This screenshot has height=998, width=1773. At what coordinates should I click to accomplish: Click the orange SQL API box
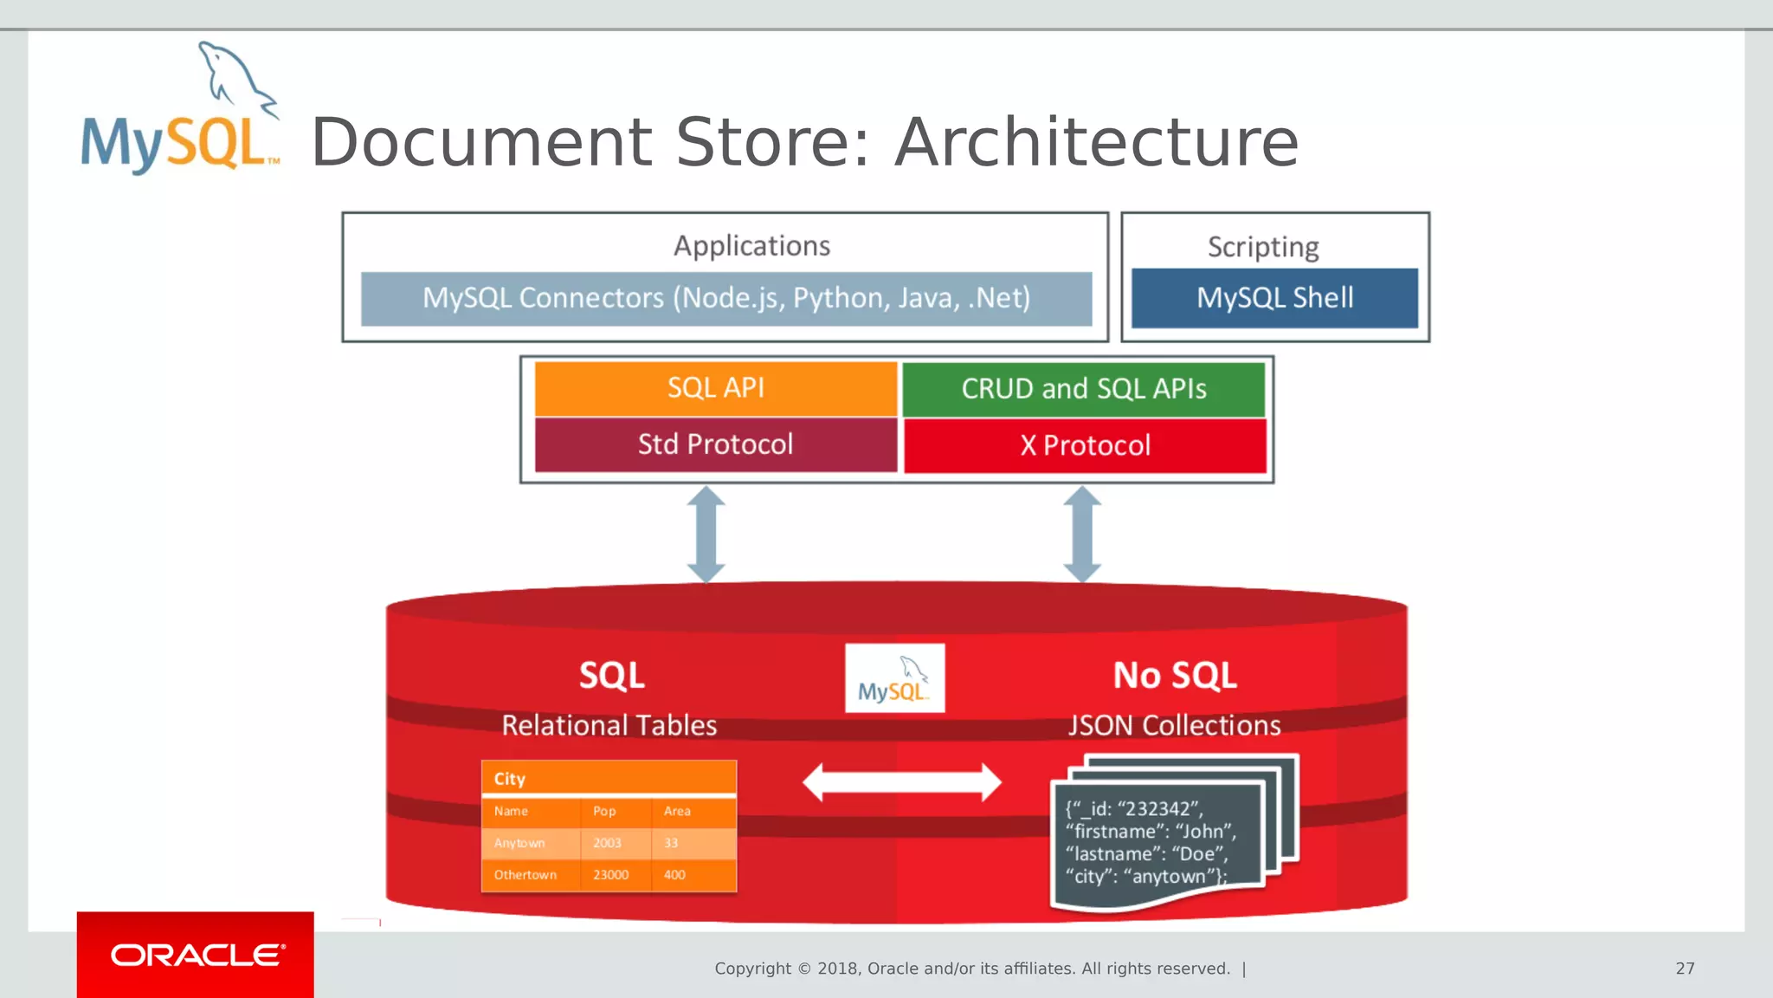point(715,388)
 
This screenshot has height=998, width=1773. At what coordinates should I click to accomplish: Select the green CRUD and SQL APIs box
point(1083,389)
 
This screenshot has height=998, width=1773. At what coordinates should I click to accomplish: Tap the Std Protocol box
point(715,444)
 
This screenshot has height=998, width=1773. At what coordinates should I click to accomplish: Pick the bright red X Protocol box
point(1085,445)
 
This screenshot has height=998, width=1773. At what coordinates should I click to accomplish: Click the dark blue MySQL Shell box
point(1274,298)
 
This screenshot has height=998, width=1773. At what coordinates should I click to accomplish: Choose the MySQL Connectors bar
point(725,298)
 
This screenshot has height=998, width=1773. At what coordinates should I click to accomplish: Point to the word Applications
point(751,246)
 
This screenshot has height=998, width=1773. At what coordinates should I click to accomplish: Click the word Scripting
point(1263,247)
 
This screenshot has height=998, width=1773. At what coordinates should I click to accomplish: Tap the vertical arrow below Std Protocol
point(706,534)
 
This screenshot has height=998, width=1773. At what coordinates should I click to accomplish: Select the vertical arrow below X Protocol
point(1082,534)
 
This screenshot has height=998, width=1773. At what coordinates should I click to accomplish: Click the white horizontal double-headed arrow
point(901,782)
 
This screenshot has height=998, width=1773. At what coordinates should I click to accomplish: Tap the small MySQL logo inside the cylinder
point(894,678)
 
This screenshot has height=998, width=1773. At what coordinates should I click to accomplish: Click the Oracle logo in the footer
point(196,955)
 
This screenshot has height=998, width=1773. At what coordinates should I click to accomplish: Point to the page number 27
point(1685,969)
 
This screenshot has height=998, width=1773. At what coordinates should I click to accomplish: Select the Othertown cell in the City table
point(525,875)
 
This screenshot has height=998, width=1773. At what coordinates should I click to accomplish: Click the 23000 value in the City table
point(610,875)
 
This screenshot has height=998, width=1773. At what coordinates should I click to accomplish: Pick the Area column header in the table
point(677,812)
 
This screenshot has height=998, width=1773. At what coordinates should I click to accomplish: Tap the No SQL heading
point(1174,676)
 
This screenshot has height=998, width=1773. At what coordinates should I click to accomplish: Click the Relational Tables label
point(609,725)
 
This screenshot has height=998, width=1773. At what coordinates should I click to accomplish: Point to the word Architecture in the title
point(1096,143)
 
